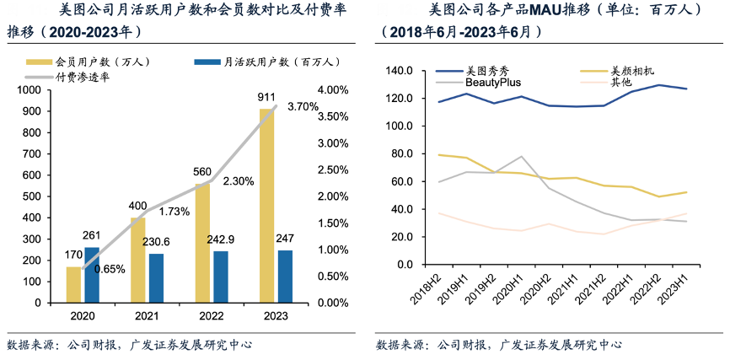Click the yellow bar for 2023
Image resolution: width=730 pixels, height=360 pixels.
[x=266, y=205]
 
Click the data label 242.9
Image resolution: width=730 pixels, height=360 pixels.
[x=221, y=239]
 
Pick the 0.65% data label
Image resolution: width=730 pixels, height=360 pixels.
[x=110, y=269]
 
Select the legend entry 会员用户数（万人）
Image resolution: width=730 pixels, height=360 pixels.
[x=92, y=62]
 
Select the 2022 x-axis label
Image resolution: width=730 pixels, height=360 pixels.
[x=211, y=317]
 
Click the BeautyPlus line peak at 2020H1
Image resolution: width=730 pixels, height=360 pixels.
[x=523, y=157]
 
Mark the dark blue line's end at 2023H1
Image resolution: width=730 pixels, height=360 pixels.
[x=687, y=89]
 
